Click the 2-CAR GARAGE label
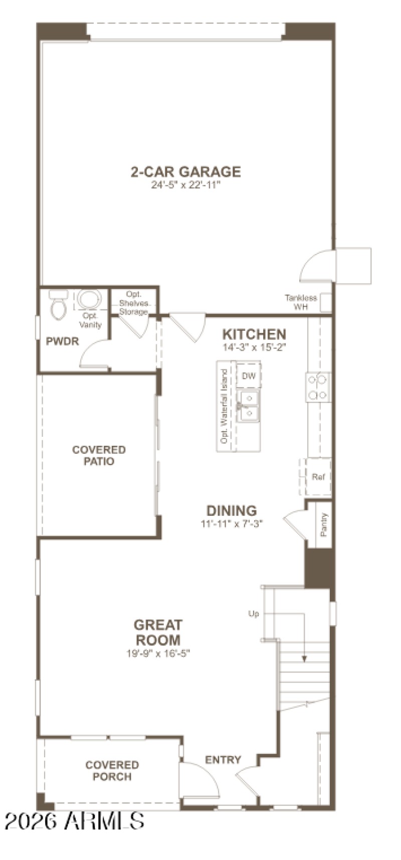click(185, 172)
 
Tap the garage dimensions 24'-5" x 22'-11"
click(185, 185)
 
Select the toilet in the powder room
click(58, 306)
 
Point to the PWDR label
click(62, 342)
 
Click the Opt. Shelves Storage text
click(133, 303)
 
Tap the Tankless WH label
click(301, 302)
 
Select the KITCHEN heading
click(254, 334)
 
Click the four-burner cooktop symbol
click(318, 387)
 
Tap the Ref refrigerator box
click(318, 477)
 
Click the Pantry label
click(324, 524)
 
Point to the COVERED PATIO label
click(99, 455)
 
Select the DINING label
click(232, 511)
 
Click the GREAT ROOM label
click(158, 632)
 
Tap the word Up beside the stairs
click(254, 614)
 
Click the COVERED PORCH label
click(112, 771)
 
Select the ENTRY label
click(223, 760)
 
